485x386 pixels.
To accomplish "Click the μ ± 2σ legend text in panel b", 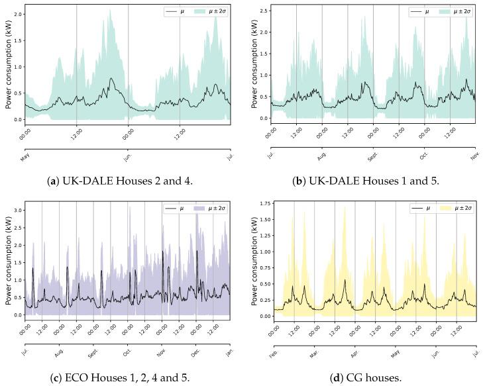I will click(460, 11).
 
